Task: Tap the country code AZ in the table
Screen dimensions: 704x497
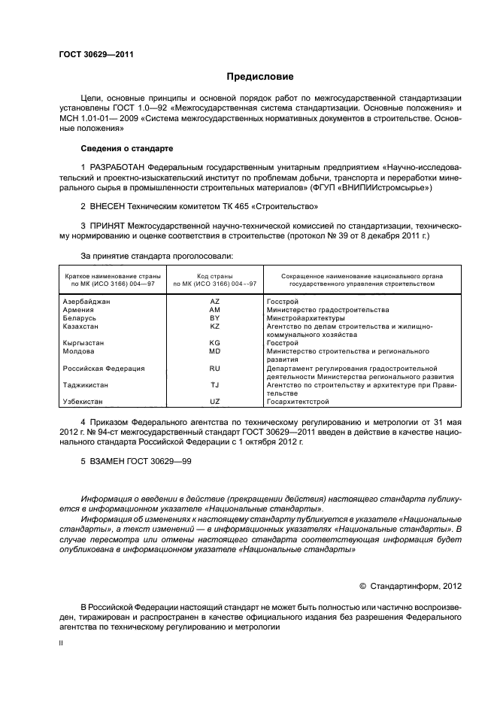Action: [x=214, y=301]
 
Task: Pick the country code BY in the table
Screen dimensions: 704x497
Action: [x=214, y=318]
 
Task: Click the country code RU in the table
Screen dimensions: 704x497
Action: [x=214, y=369]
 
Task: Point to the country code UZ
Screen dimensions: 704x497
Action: [x=214, y=402]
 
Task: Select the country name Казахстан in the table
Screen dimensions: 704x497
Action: [x=80, y=326]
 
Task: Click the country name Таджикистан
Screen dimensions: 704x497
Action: [x=85, y=385]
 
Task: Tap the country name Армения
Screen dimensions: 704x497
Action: [x=78, y=310]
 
